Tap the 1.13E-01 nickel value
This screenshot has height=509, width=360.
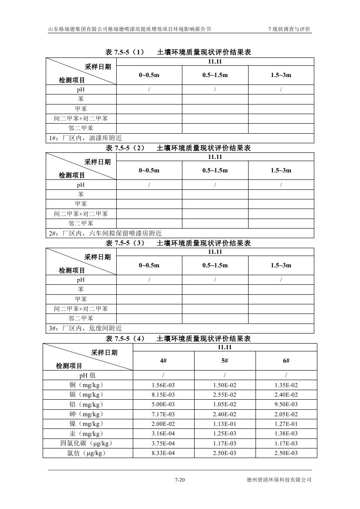click(x=225, y=424)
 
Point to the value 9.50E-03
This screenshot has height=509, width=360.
click(x=286, y=405)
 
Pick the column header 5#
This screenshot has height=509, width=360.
click(x=225, y=361)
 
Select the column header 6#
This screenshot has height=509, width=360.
click(x=286, y=361)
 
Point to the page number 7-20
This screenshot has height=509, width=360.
click(x=180, y=480)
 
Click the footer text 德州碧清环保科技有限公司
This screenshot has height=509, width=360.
click(x=279, y=480)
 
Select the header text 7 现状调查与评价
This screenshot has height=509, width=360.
click(x=289, y=29)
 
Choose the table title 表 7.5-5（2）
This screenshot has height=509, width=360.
click(x=125, y=148)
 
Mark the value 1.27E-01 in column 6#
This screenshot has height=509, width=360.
click(x=286, y=424)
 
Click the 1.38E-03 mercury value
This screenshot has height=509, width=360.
click(x=286, y=434)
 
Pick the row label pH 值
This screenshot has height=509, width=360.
click(x=87, y=375)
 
